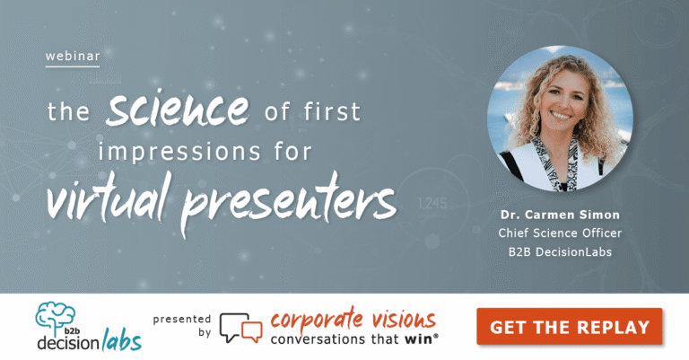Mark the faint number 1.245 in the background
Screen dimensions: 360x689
pyautogui.click(x=432, y=204)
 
